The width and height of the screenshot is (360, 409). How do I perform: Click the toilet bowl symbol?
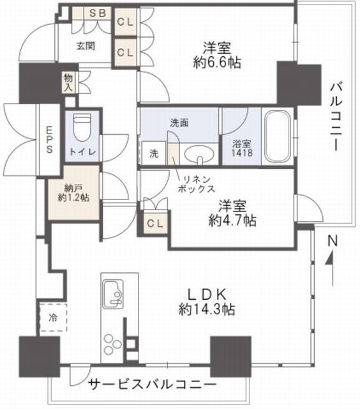(82, 127)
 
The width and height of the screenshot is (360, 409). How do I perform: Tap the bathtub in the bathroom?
(277, 136)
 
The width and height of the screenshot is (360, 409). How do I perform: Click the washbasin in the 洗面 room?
(200, 155)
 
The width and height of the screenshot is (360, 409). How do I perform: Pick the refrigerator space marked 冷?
(53, 318)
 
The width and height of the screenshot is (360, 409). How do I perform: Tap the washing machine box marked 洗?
(154, 153)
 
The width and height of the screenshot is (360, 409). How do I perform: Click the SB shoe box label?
(98, 13)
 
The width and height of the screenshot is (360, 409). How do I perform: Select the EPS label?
(49, 139)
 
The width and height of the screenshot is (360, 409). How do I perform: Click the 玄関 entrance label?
(86, 46)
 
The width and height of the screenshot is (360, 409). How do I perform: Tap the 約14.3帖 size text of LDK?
(207, 309)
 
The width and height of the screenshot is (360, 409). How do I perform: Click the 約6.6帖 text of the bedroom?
(217, 63)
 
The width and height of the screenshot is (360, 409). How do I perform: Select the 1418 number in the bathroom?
(242, 153)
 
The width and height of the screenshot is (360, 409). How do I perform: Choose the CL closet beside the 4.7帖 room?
(155, 223)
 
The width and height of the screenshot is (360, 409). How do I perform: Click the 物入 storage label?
(68, 82)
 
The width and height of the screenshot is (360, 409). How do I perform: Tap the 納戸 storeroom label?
(73, 188)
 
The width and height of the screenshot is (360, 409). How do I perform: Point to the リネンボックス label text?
(197, 184)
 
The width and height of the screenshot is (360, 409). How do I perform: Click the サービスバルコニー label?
(153, 384)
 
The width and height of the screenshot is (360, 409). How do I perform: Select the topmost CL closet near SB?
(125, 22)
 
